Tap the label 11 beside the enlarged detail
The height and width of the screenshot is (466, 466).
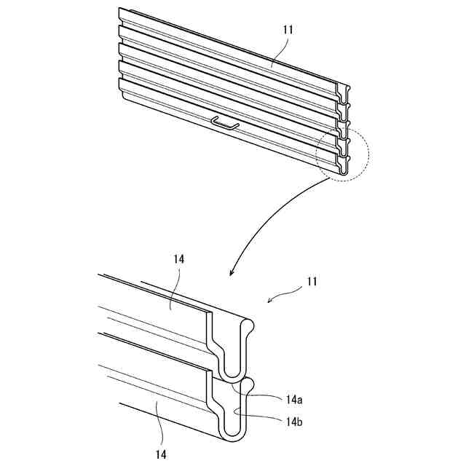click(x=312, y=280)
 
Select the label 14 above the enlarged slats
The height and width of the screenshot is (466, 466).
click(x=178, y=258)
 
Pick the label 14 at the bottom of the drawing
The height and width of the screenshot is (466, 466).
click(x=160, y=454)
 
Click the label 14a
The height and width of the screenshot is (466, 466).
click(x=295, y=399)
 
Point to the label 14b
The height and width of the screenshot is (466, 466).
click(x=295, y=420)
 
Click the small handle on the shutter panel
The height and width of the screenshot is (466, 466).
click(x=225, y=124)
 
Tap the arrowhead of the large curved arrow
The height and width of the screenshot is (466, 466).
click(x=232, y=274)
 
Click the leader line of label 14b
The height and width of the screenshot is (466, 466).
click(x=262, y=416)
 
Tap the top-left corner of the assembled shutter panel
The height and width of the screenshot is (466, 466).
click(x=120, y=9)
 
